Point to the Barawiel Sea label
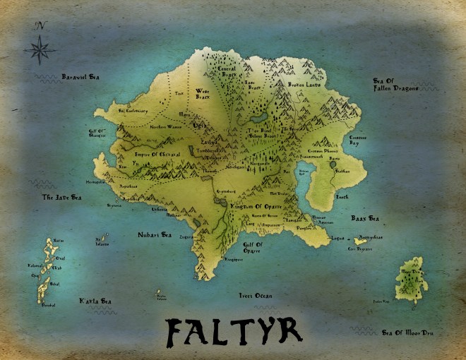pos(79,76)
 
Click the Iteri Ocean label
pos(255,295)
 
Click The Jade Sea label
pos(58,197)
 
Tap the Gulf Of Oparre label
pos(253,247)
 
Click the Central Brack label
pos(227,71)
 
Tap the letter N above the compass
pos(41,26)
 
